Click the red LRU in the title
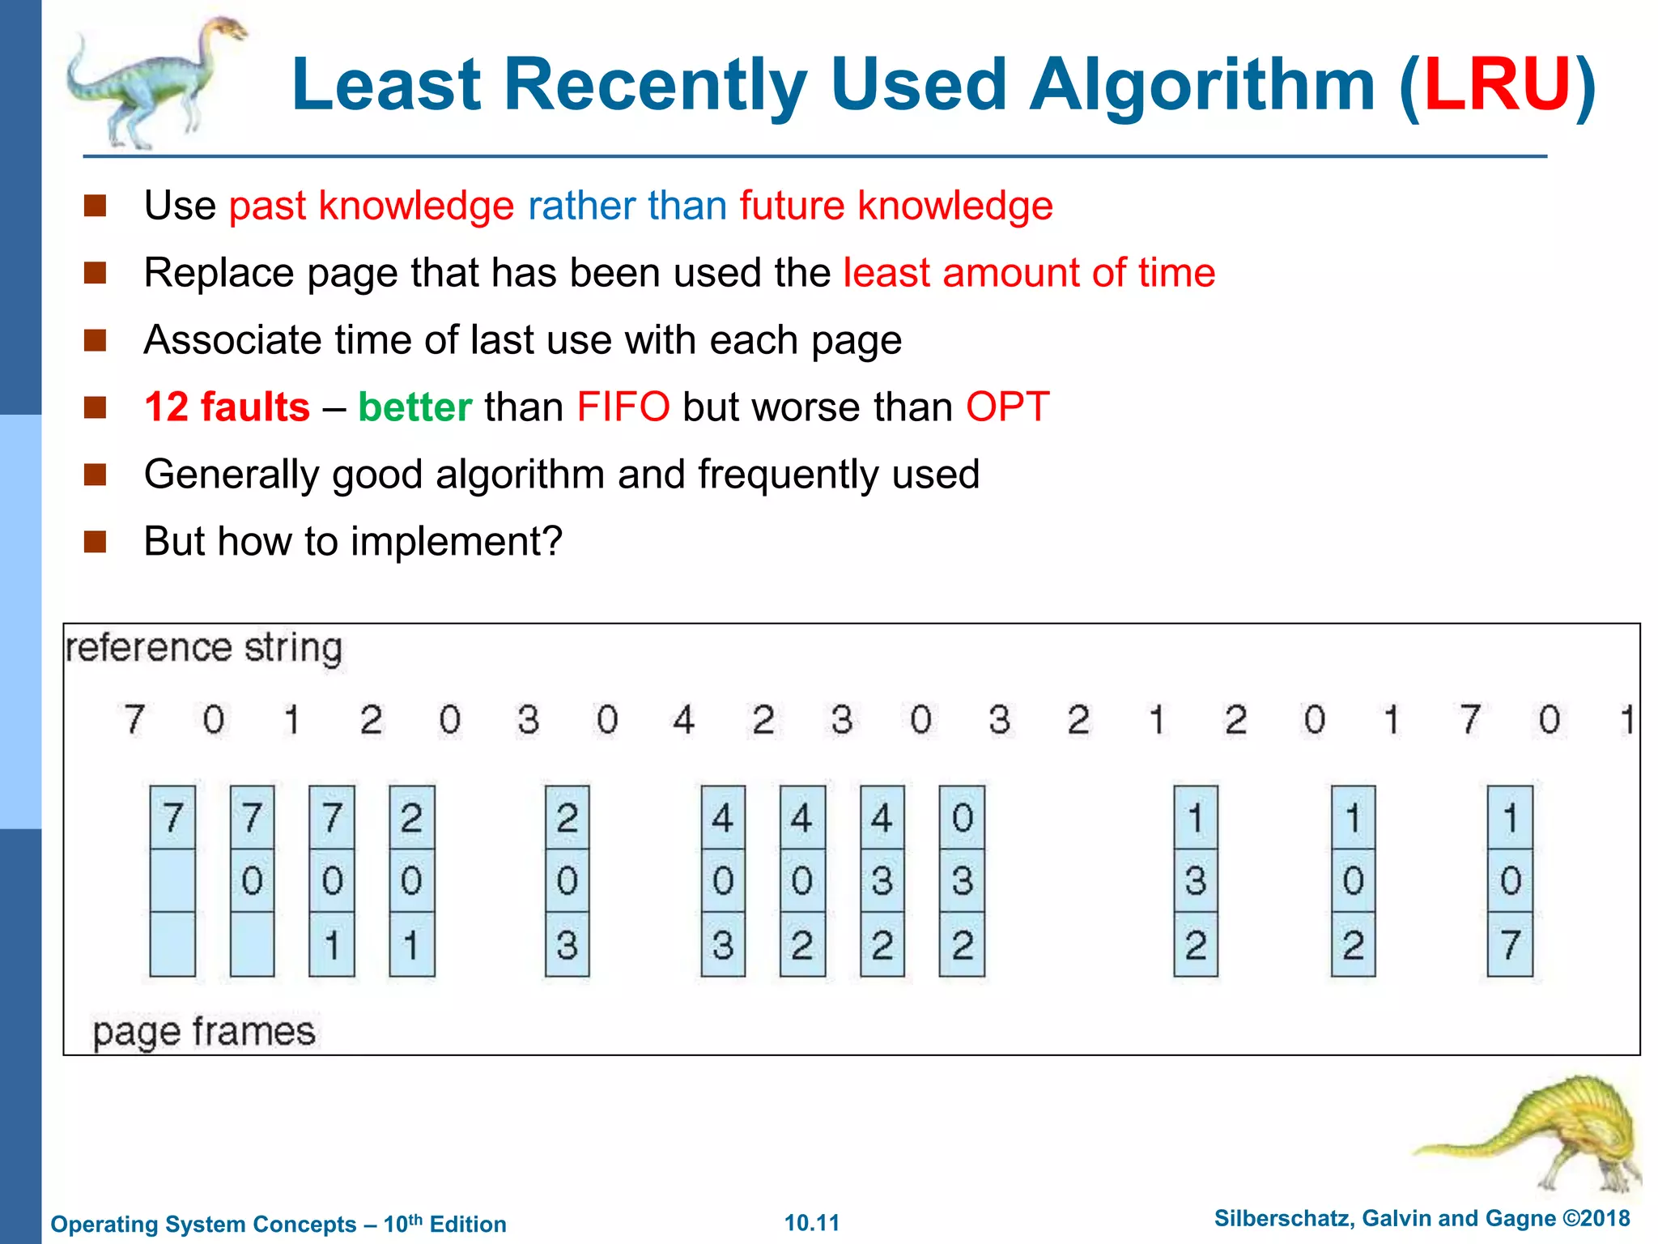point(1497,84)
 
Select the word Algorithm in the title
point(1201,86)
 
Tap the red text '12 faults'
point(227,407)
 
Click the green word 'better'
point(414,407)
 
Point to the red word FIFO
point(623,407)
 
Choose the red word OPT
point(1007,407)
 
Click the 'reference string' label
point(204,649)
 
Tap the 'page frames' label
point(204,1032)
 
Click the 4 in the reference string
point(684,719)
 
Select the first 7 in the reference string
point(134,719)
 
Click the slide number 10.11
point(812,1223)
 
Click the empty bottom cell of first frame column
point(172,944)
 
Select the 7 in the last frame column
point(1510,944)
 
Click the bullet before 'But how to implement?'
point(96,541)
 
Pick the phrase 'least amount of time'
point(1029,272)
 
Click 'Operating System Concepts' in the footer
point(203,1224)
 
